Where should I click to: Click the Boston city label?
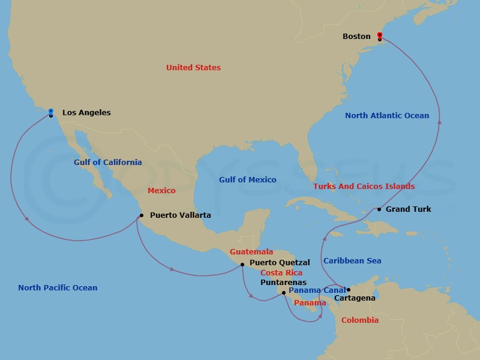356,37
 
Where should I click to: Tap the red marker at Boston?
380,35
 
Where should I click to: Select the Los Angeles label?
86,113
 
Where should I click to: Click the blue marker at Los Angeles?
51,111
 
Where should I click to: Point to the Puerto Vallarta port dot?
141,215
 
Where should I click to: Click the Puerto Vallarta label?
180,215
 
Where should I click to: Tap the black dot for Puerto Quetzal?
242,264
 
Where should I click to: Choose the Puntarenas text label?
283,282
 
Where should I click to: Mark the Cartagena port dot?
349,290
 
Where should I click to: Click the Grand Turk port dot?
379,209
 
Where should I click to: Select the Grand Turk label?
408,209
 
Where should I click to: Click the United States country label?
193,68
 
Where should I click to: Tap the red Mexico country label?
161,191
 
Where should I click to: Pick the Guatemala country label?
251,252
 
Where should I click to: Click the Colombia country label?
360,320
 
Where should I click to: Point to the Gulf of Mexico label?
248,180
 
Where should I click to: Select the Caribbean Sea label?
352,261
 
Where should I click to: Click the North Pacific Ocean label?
58,288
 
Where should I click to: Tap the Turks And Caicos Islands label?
364,187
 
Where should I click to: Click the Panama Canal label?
317,290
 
